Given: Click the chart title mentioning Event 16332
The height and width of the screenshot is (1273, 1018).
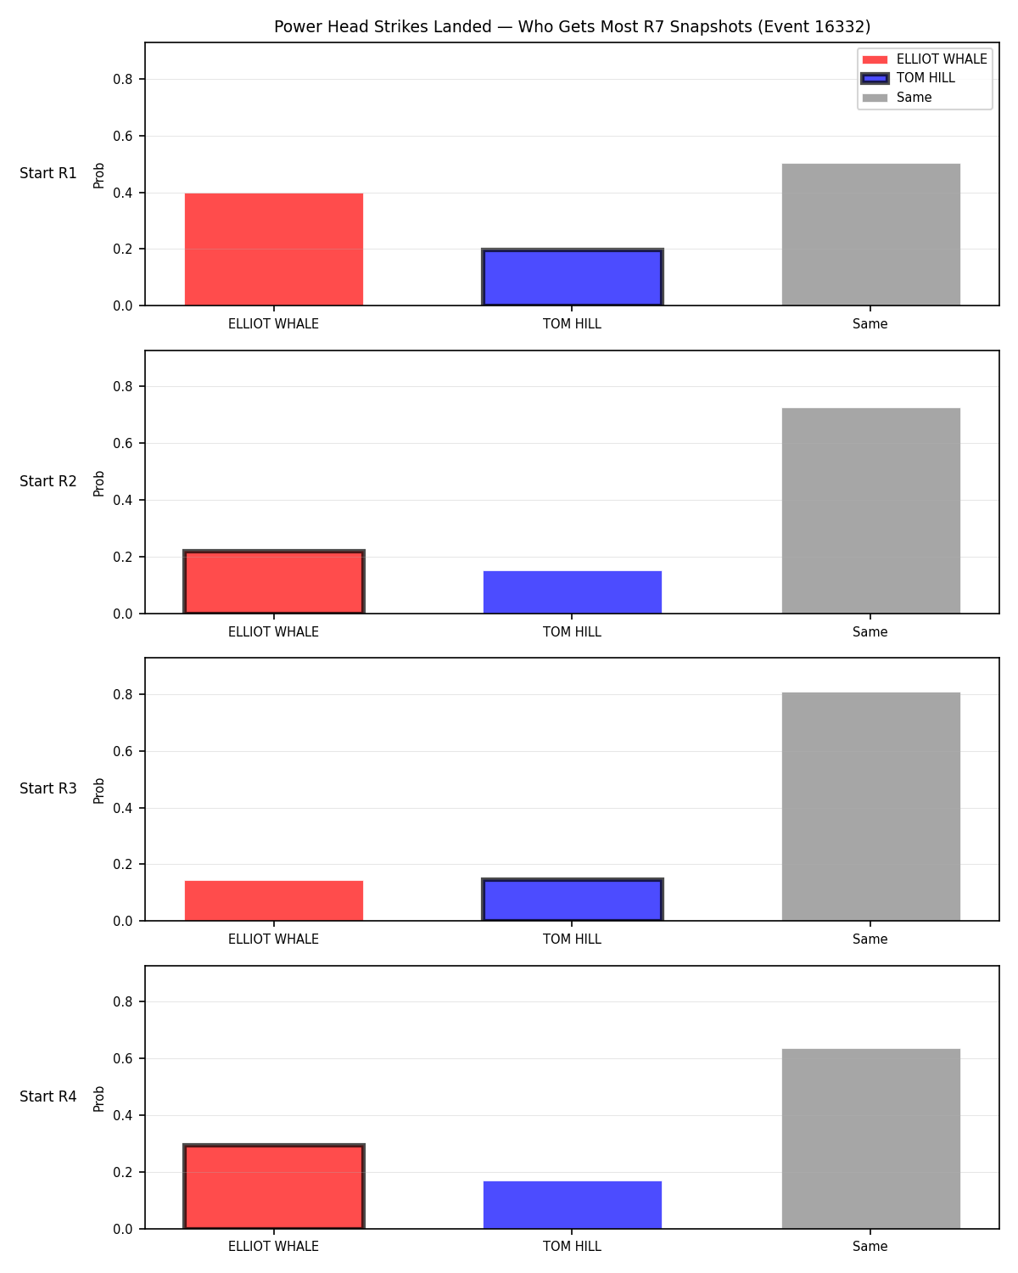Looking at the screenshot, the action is pyautogui.click(x=572, y=26).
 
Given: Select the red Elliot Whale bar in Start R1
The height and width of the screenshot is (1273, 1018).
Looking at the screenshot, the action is pyautogui.click(x=274, y=249).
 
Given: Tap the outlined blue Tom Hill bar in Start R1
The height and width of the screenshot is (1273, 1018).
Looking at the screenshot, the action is pyautogui.click(x=572, y=277).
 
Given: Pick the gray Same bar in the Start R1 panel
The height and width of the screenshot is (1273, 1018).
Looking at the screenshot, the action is pyautogui.click(x=870, y=234).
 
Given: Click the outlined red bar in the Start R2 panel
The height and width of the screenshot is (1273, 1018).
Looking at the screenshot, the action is pyautogui.click(x=274, y=582).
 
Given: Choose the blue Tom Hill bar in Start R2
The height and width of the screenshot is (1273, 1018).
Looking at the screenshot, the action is pyautogui.click(x=572, y=592).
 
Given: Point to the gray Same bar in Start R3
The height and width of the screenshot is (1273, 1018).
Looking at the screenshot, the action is pyautogui.click(x=870, y=806).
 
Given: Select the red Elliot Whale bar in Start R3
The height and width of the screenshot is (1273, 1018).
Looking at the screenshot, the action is pyautogui.click(x=274, y=901).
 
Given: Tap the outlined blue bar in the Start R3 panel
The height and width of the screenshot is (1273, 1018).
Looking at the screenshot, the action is pyautogui.click(x=572, y=900).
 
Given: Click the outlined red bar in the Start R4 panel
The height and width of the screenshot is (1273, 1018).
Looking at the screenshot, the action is pyautogui.click(x=274, y=1186).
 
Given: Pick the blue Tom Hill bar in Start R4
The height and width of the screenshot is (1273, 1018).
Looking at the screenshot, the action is pyautogui.click(x=572, y=1205).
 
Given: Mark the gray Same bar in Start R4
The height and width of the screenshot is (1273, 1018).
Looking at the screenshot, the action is pyautogui.click(x=870, y=1139).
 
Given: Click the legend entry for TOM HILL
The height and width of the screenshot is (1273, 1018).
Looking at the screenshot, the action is pyautogui.click(x=926, y=78).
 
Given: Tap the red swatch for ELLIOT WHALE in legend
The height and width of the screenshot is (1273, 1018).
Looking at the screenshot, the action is pyautogui.click(x=875, y=59).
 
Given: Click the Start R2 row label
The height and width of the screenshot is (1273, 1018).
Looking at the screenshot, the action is pyautogui.click(x=48, y=481).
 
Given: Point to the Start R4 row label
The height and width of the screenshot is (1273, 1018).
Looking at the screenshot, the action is pyautogui.click(x=48, y=1096).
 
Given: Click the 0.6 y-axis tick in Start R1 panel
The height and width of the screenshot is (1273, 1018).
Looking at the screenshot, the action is pyautogui.click(x=122, y=136).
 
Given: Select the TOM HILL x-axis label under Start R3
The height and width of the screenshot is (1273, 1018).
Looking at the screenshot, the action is pyautogui.click(x=572, y=939).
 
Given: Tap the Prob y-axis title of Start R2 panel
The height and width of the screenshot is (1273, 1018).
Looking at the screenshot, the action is pyautogui.click(x=98, y=483).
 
